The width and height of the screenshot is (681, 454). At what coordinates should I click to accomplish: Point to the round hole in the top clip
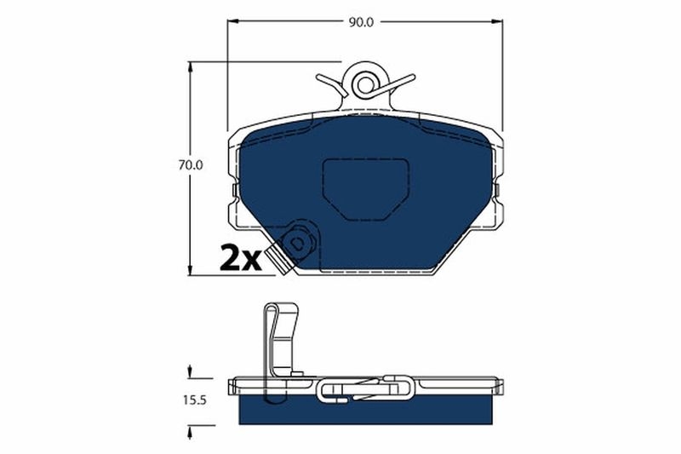pyautogui.click(x=365, y=83)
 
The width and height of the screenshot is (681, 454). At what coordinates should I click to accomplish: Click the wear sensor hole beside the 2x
pyautogui.click(x=298, y=243)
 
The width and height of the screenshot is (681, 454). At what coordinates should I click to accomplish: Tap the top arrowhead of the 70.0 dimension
pyautogui.click(x=191, y=66)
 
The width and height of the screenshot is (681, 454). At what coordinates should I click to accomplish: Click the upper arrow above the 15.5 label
pyautogui.click(x=190, y=371)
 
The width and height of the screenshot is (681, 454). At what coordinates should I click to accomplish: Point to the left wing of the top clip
pyautogui.click(x=332, y=82)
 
